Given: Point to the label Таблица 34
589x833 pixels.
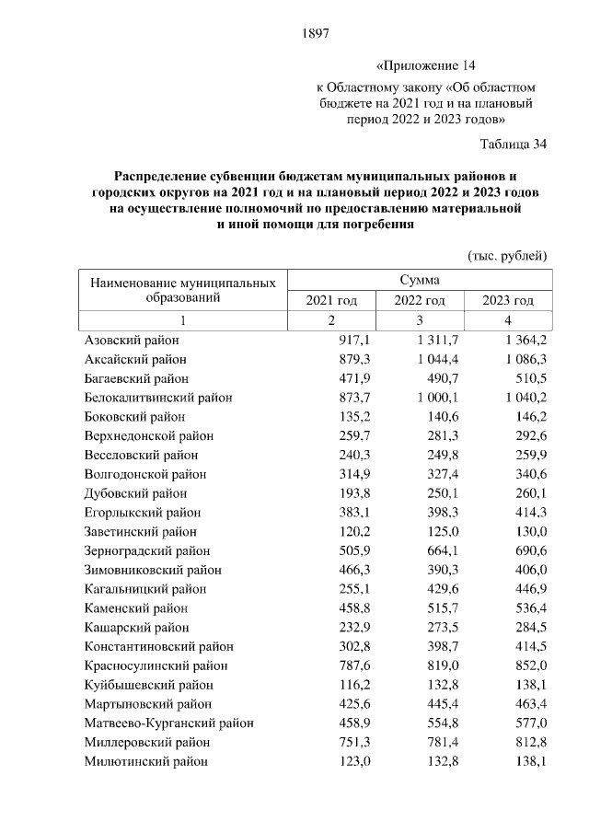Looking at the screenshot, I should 514,143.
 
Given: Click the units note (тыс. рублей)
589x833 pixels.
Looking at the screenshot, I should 507,254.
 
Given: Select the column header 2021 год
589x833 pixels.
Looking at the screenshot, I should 331,301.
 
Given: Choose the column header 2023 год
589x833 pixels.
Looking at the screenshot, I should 509,301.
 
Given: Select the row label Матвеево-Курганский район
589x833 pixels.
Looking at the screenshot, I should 168,723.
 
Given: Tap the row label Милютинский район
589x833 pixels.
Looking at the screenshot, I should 145,761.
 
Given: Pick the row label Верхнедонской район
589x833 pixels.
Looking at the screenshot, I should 148,435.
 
